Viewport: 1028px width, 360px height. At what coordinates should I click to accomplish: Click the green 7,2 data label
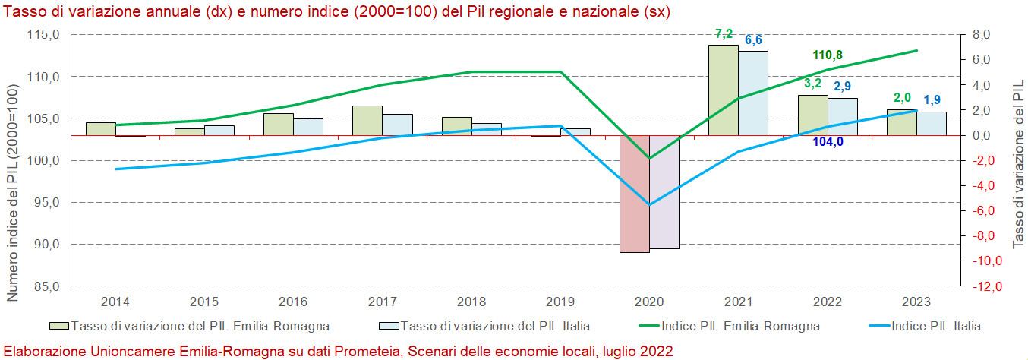(x=723, y=34)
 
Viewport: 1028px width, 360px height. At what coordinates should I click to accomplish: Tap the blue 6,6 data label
(x=753, y=40)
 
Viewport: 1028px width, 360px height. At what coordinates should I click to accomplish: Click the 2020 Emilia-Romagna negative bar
(x=635, y=194)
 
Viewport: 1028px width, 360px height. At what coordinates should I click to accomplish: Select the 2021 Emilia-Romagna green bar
(x=723, y=90)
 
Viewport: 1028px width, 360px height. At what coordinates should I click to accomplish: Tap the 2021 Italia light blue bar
(x=753, y=93)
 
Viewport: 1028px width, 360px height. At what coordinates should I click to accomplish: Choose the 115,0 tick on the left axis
(x=43, y=35)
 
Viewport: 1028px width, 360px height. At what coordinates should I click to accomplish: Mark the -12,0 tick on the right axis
(x=985, y=286)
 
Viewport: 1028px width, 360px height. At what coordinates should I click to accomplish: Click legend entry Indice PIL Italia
(x=935, y=327)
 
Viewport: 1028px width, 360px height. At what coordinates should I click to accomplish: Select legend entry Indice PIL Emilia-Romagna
(x=740, y=327)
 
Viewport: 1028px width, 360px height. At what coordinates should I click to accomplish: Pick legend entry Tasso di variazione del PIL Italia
(x=494, y=327)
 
